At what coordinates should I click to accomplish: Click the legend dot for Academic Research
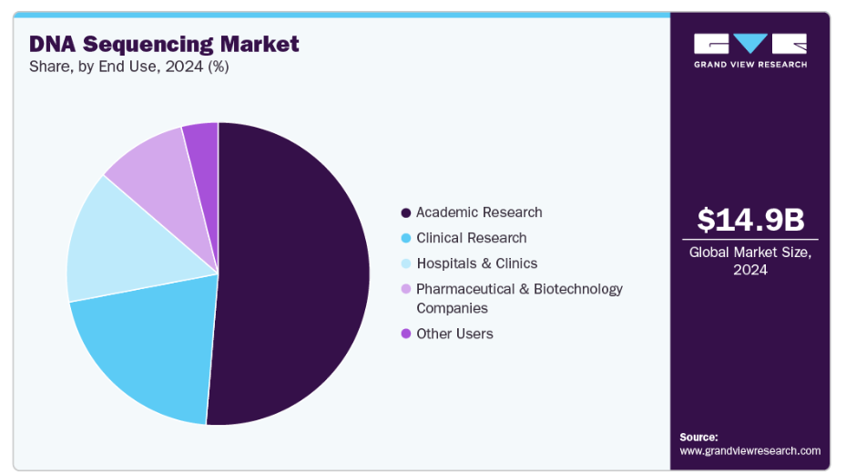click(x=405, y=212)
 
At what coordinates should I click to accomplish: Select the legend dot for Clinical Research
click(x=405, y=238)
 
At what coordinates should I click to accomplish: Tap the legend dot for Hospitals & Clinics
click(x=405, y=263)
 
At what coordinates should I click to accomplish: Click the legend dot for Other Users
click(x=405, y=334)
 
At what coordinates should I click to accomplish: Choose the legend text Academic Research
click(x=479, y=212)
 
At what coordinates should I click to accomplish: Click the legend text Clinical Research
click(x=471, y=238)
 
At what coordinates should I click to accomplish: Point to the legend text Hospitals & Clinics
click(x=476, y=263)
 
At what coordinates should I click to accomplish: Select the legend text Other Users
click(x=454, y=334)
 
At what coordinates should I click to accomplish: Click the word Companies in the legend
click(x=453, y=308)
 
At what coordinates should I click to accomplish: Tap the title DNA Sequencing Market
click(x=164, y=43)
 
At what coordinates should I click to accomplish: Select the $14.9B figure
click(x=750, y=220)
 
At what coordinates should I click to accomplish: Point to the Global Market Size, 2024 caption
click(x=750, y=261)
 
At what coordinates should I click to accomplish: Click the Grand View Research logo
click(x=750, y=50)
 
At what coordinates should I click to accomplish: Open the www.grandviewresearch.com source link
click(x=750, y=450)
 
